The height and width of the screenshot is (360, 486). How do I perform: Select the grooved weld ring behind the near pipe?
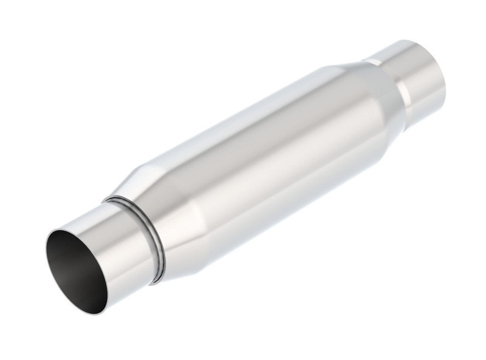tap(148, 237)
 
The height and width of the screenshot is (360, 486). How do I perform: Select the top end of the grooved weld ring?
tap(109, 199)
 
